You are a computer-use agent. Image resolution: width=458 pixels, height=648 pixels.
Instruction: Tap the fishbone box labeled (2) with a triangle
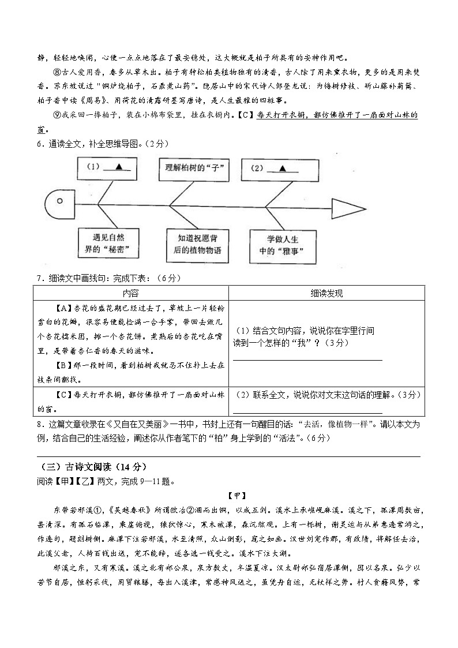[275, 168]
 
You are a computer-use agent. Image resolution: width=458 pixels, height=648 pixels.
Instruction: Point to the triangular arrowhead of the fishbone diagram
[349, 207]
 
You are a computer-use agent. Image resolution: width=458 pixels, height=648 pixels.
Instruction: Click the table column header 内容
[131, 293]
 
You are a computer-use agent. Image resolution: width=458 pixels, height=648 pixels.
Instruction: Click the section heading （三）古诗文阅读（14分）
[87, 466]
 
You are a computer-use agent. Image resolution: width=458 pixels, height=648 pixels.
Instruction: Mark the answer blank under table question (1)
[307, 359]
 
